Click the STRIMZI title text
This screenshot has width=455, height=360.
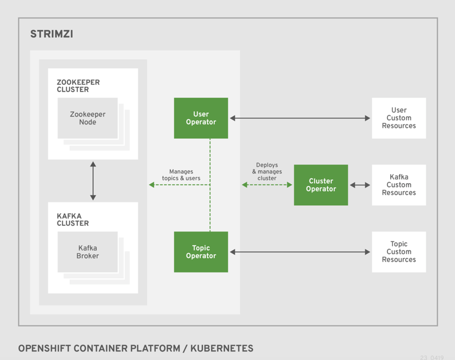(x=51, y=35)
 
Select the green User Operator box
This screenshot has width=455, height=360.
(x=201, y=118)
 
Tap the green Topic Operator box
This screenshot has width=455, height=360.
(x=201, y=251)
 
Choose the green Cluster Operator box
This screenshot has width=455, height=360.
(x=321, y=185)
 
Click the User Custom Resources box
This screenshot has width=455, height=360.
(x=399, y=118)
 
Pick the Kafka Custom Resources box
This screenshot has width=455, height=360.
(x=399, y=185)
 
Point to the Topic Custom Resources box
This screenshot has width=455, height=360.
(x=399, y=251)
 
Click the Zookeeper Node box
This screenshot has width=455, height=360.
(x=88, y=118)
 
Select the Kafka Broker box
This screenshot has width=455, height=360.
(x=88, y=251)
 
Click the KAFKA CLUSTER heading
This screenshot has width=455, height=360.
(x=73, y=219)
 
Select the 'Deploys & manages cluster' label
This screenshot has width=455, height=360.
(x=267, y=171)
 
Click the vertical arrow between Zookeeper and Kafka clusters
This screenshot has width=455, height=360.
(x=93, y=181)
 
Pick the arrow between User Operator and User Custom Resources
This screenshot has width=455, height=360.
(x=300, y=118)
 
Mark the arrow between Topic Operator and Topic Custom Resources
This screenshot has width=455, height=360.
(x=300, y=252)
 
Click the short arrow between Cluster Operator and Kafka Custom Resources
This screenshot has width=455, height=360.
(x=359, y=185)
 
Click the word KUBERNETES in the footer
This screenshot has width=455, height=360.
(x=222, y=347)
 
